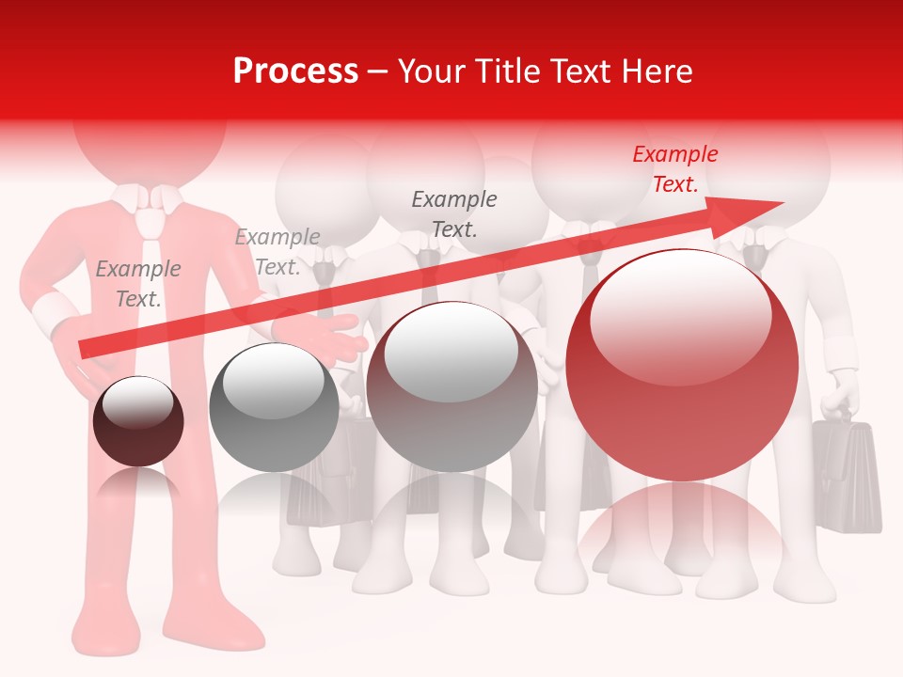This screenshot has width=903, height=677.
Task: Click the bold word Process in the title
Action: click(x=295, y=71)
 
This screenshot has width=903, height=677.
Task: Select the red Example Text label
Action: click(x=675, y=169)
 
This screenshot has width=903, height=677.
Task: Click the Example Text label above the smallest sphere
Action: click(x=138, y=284)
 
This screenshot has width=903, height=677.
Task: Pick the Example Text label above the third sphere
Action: click(x=454, y=213)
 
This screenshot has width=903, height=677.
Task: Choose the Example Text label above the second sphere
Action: click(x=277, y=252)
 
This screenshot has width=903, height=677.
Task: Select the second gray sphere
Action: click(x=274, y=408)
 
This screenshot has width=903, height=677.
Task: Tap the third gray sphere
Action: click(x=451, y=387)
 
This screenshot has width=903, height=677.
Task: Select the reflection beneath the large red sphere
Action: click(x=682, y=527)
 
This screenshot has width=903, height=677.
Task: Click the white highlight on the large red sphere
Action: click(x=680, y=315)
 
